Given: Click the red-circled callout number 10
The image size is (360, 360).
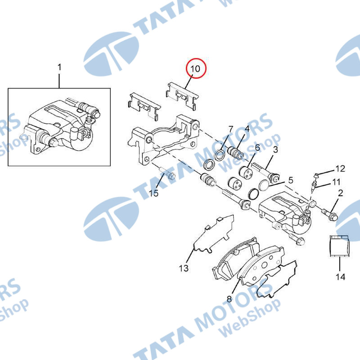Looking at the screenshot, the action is tap(195, 69).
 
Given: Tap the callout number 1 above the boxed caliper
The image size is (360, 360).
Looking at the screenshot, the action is tap(59, 67).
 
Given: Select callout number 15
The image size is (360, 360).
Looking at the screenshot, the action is tap(154, 193).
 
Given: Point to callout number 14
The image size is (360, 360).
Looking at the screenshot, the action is tap(340, 277).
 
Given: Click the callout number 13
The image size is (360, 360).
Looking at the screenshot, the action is tap(184, 268).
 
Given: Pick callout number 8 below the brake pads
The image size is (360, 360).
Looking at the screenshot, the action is tap(229, 299).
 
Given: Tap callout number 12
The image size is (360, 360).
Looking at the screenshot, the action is tap(340, 169).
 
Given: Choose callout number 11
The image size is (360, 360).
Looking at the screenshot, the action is tap(336, 182).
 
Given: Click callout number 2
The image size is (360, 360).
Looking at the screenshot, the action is tap(340, 193).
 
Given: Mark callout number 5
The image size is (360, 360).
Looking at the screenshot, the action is tap(291, 180).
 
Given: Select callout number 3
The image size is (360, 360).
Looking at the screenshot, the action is tap(275, 149).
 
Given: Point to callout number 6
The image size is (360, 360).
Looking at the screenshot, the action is tap(257, 148).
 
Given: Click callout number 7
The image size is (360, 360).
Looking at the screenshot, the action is tap(231, 129).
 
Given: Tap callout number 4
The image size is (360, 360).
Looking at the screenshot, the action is tap(247, 129).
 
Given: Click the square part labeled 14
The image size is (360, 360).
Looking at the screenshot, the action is tap(340, 246).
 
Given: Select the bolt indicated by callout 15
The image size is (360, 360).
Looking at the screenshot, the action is tap(167, 173).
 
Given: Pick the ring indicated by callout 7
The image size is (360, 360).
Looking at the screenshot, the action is tap(220, 155).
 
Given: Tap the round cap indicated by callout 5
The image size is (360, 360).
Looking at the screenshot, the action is tap(264, 185).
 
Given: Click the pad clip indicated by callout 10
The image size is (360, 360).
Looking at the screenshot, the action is tap(182, 96).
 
